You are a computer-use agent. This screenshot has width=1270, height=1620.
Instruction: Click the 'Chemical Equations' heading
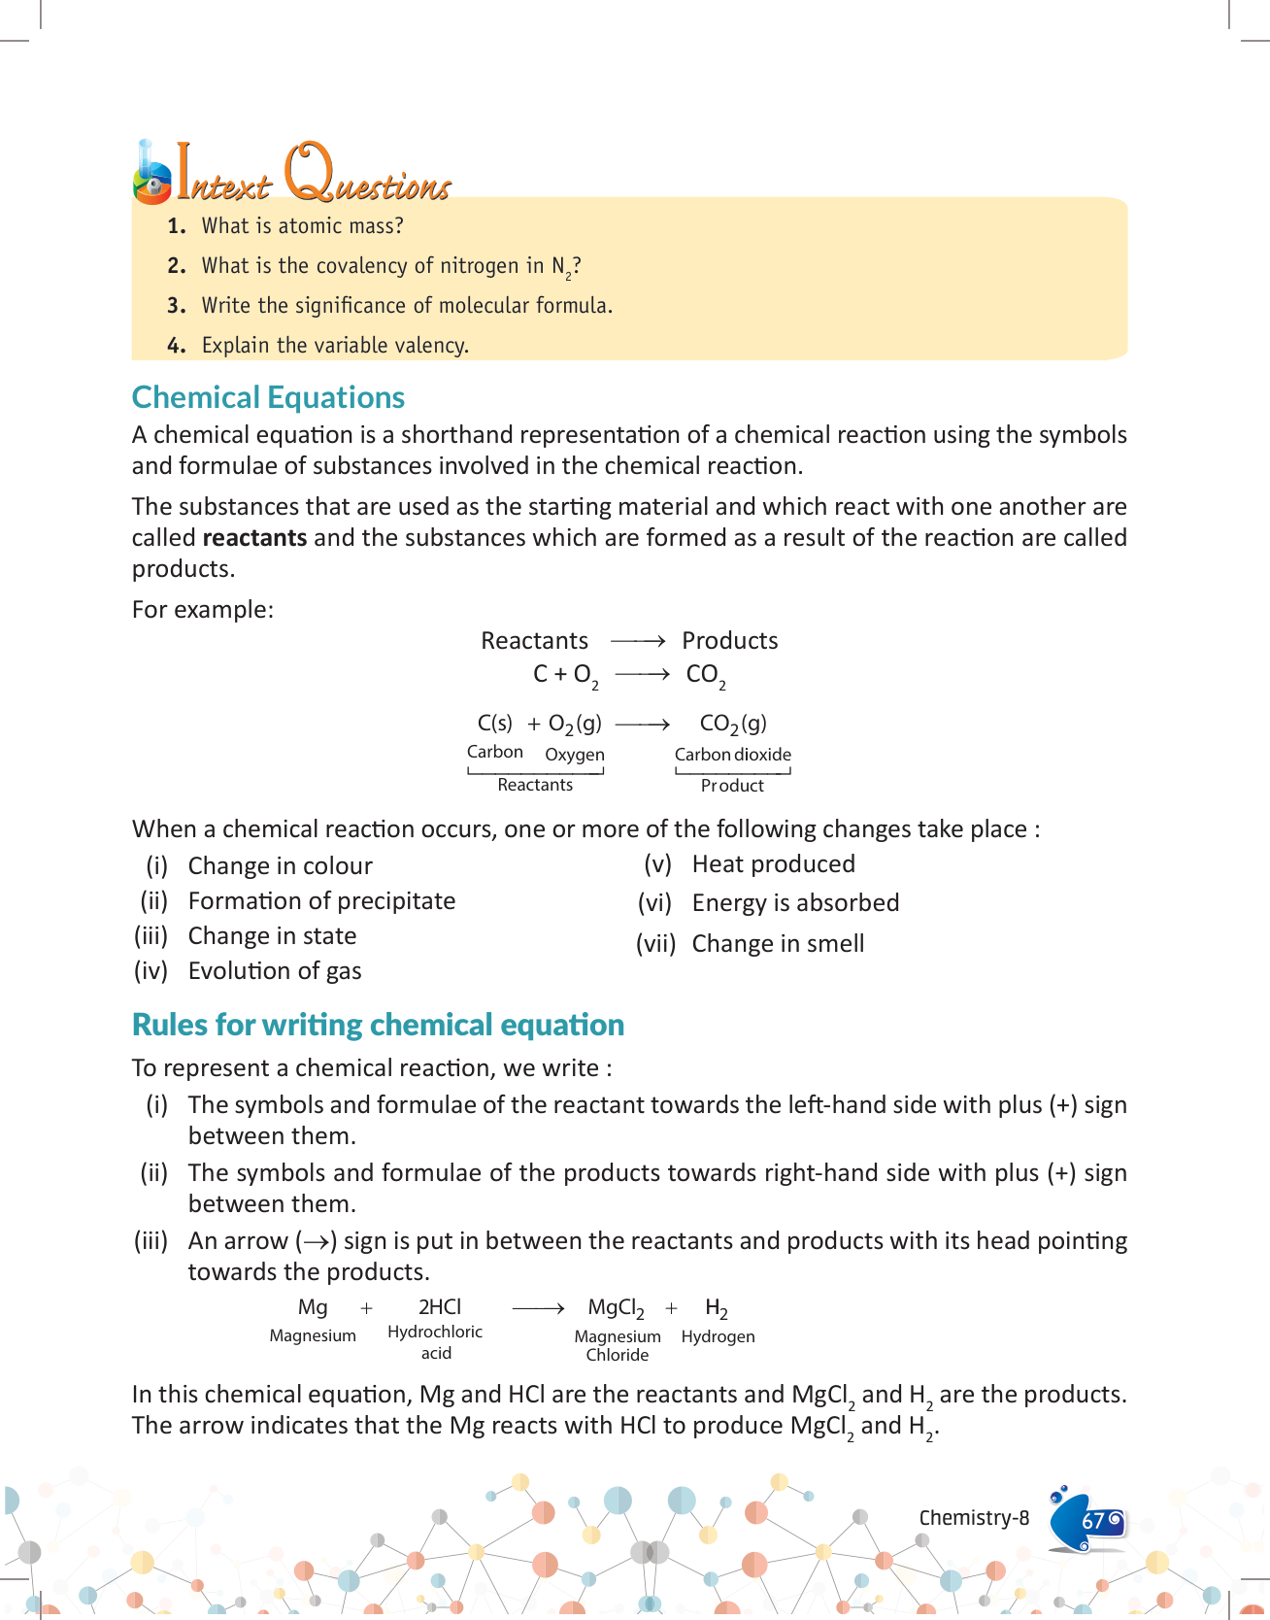[268, 397]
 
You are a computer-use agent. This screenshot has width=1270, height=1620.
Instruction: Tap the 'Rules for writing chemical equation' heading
[378, 1025]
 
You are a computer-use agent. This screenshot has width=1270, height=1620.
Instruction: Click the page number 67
[1093, 1520]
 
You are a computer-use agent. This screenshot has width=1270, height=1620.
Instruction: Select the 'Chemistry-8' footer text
[974, 1518]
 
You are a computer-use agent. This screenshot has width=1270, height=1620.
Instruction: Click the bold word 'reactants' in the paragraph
[254, 538]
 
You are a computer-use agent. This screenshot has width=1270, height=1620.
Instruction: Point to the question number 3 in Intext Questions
[176, 306]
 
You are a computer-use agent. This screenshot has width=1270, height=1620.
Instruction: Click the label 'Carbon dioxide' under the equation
[733, 755]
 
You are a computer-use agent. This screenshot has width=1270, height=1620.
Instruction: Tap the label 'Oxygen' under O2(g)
[575, 755]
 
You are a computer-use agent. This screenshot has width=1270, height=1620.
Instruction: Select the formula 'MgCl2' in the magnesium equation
[616, 1308]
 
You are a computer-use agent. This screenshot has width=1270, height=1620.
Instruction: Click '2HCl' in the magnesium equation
[440, 1307]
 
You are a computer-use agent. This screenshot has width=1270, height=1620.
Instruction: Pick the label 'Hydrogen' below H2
[718, 1336]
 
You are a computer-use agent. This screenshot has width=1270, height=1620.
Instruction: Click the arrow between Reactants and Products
[637, 641]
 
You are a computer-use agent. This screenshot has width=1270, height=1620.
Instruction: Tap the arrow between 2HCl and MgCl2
[538, 1308]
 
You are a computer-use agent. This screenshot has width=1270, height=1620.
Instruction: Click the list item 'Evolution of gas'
[275, 971]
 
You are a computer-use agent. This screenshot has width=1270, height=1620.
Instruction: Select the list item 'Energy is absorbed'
[795, 903]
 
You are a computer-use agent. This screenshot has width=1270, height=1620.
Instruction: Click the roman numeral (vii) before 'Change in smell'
[655, 944]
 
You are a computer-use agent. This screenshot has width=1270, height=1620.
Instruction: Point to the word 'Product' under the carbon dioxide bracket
[732, 786]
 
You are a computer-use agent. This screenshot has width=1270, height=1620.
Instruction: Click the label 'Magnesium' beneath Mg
[313, 1336]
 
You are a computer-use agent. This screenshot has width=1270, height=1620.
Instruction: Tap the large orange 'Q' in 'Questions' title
[308, 171]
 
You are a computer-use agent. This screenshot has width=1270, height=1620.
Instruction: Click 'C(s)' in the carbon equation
[494, 724]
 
